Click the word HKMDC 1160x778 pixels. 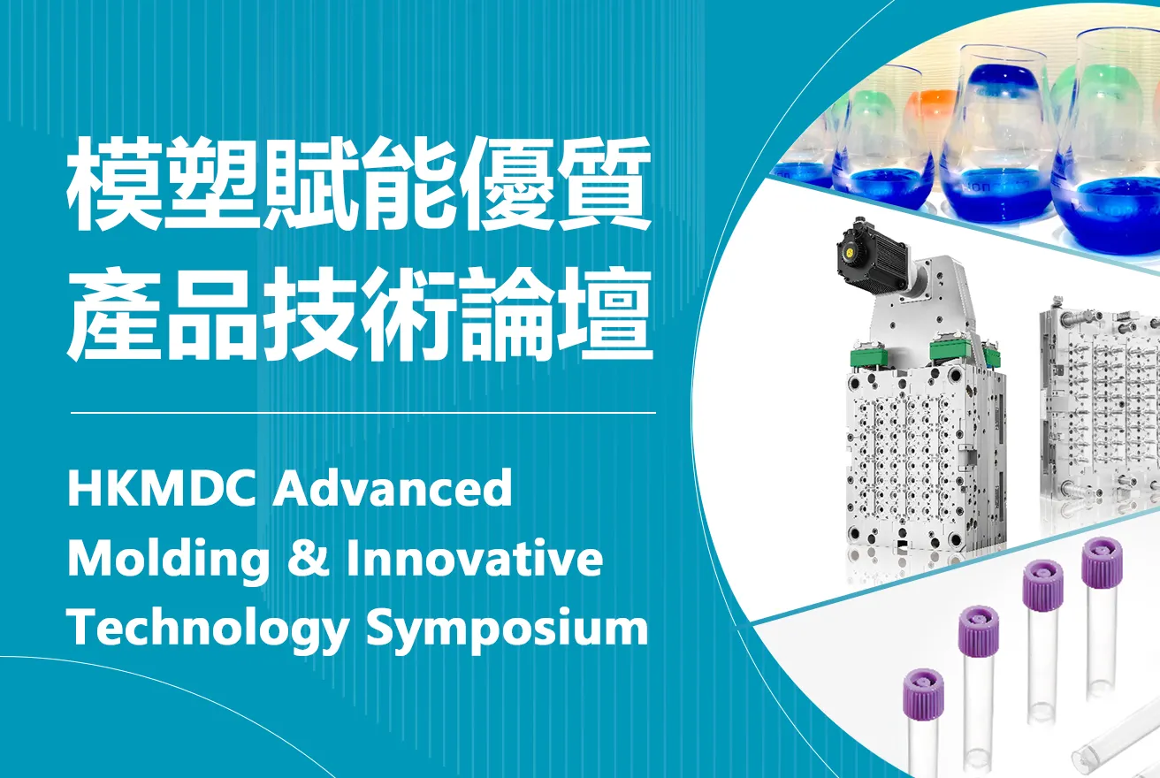point(163,487)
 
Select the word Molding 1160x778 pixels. point(168,559)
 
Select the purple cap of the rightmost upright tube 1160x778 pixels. point(1102,562)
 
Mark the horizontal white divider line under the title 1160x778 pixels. point(363,414)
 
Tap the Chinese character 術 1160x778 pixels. point(408,315)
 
